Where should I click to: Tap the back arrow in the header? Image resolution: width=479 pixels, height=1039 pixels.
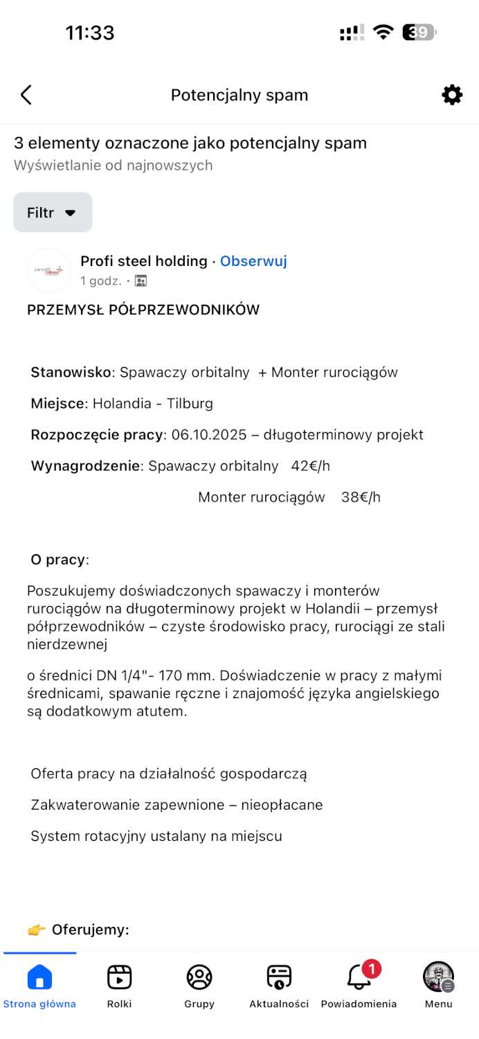point(26,95)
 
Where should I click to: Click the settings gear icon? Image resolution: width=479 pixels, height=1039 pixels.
point(452,95)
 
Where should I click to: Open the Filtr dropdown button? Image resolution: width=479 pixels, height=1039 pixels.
point(53,213)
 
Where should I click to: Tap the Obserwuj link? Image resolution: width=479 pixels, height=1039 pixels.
point(253,261)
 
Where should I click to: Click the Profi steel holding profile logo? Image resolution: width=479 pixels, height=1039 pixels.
point(48,270)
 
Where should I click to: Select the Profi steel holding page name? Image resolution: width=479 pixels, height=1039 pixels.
point(144,261)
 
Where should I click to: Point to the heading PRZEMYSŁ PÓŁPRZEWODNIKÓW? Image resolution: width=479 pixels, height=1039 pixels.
point(143,310)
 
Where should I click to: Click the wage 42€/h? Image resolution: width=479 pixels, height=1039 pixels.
point(310,466)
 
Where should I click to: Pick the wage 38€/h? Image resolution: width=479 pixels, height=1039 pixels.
point(361,497)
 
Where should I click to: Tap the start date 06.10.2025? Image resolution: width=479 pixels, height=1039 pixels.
point(208,435)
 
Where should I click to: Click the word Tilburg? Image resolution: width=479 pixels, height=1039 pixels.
point(190,404)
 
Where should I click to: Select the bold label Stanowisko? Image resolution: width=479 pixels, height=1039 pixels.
point(71,373)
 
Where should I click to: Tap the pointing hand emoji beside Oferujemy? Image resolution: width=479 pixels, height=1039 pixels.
point(36,930)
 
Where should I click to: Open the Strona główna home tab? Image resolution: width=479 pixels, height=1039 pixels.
point(39,978)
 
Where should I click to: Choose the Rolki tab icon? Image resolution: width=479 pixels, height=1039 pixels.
point(119,977)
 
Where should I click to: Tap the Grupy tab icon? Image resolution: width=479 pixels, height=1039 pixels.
point(199,977)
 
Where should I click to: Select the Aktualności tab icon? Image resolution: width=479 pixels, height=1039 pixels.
point(279,977)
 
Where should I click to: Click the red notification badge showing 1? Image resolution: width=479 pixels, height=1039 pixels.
point(372,968)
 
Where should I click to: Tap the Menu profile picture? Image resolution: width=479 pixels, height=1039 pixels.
point(438,977)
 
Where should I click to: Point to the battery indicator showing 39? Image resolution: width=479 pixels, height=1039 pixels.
point(418,33)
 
